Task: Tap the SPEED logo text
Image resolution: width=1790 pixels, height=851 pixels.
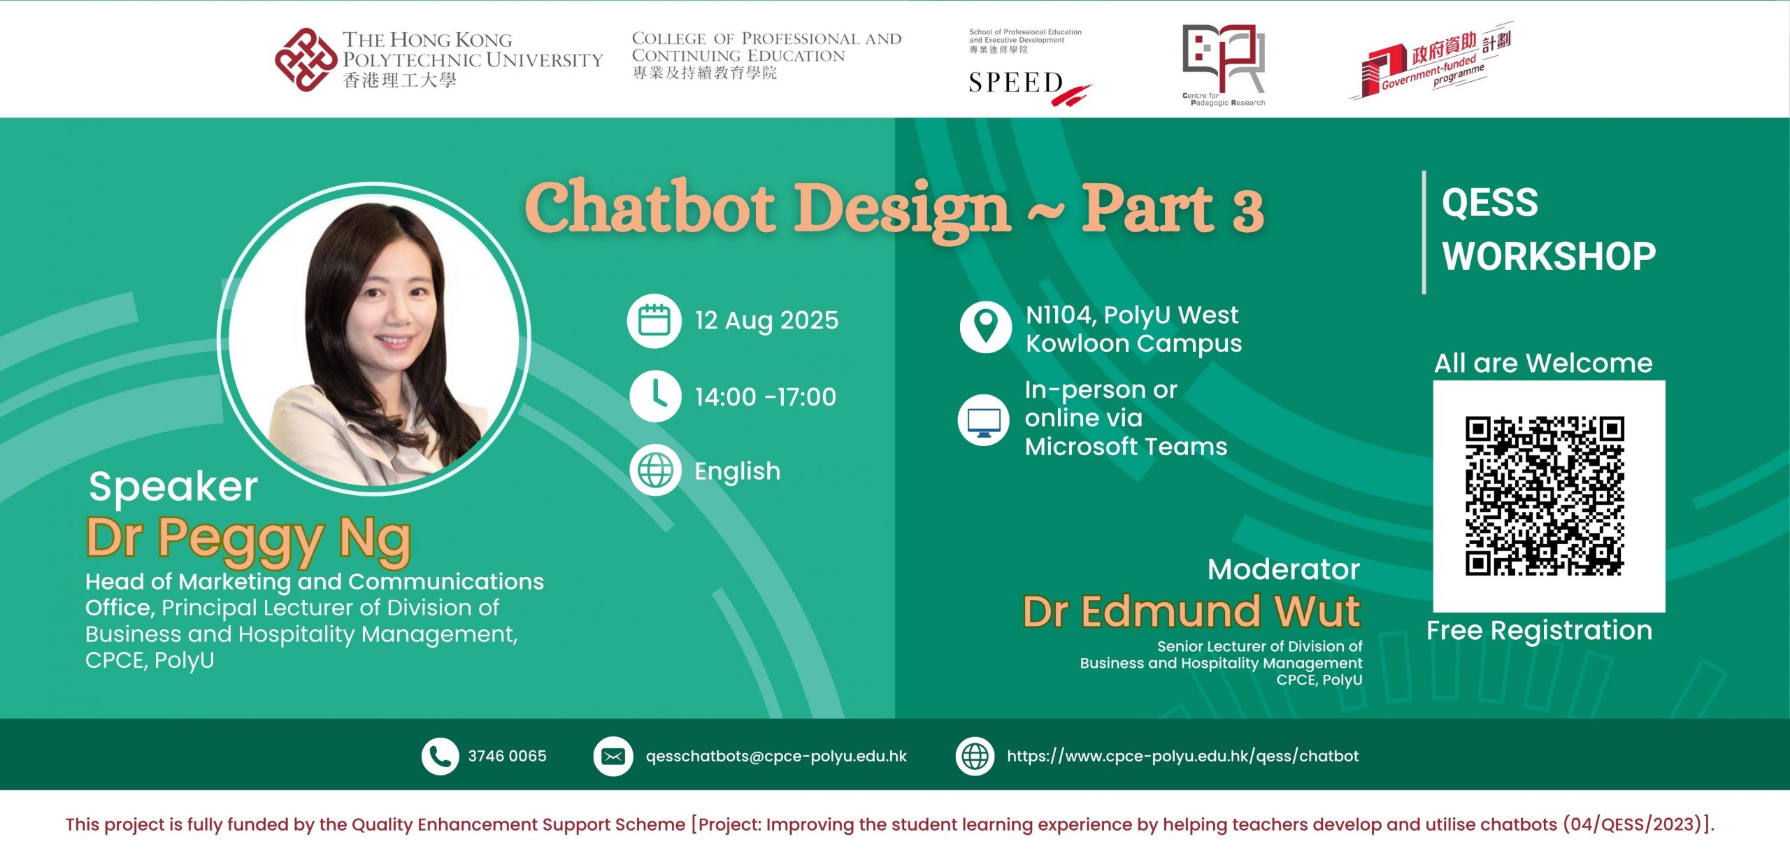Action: pos(1016,83)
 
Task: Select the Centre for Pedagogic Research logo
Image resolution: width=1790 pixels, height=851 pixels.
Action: pos(1224,65)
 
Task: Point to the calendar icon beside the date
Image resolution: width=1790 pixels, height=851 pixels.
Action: pos(654,321)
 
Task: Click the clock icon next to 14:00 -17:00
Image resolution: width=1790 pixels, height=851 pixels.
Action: pos(655,396)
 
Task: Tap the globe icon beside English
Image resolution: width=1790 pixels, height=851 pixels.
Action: pos(655,470)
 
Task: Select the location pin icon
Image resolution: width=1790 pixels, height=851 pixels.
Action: pos(985,327)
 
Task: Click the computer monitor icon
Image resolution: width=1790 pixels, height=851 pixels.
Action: pos(984,420)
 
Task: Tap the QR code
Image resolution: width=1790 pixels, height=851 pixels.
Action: pos(1545,496)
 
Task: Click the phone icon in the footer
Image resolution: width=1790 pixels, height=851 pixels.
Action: pos(440,756)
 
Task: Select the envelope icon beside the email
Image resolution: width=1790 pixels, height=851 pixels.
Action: pos(613,756)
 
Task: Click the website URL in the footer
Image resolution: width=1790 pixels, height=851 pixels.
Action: pos(1182,756)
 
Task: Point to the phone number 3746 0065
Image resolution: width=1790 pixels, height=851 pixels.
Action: pos(507,756)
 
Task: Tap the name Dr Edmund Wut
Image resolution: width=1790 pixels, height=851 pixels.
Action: pos(1191,611)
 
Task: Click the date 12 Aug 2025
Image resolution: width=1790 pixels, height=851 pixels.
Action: pos(766,320)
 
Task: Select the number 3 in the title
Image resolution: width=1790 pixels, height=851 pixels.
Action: pos(1248,210)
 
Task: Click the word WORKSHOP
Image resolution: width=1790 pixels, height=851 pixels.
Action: pos(1549,256)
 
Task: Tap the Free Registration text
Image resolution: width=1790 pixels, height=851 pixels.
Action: pos(1540,631)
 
